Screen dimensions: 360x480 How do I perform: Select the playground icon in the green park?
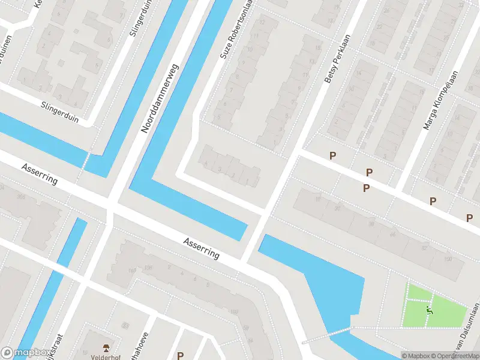click(429, 310)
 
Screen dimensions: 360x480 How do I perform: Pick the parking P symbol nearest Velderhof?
click(180, 356)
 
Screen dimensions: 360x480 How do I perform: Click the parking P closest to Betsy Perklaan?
click(332, 156)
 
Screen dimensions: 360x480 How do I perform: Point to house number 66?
click(393, 233)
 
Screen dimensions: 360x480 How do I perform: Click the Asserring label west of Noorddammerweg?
click(40, 172)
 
